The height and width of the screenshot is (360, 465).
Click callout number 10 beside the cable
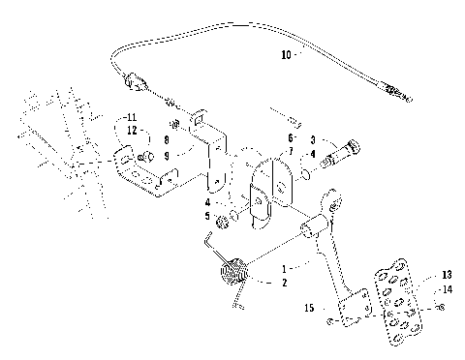286,56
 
